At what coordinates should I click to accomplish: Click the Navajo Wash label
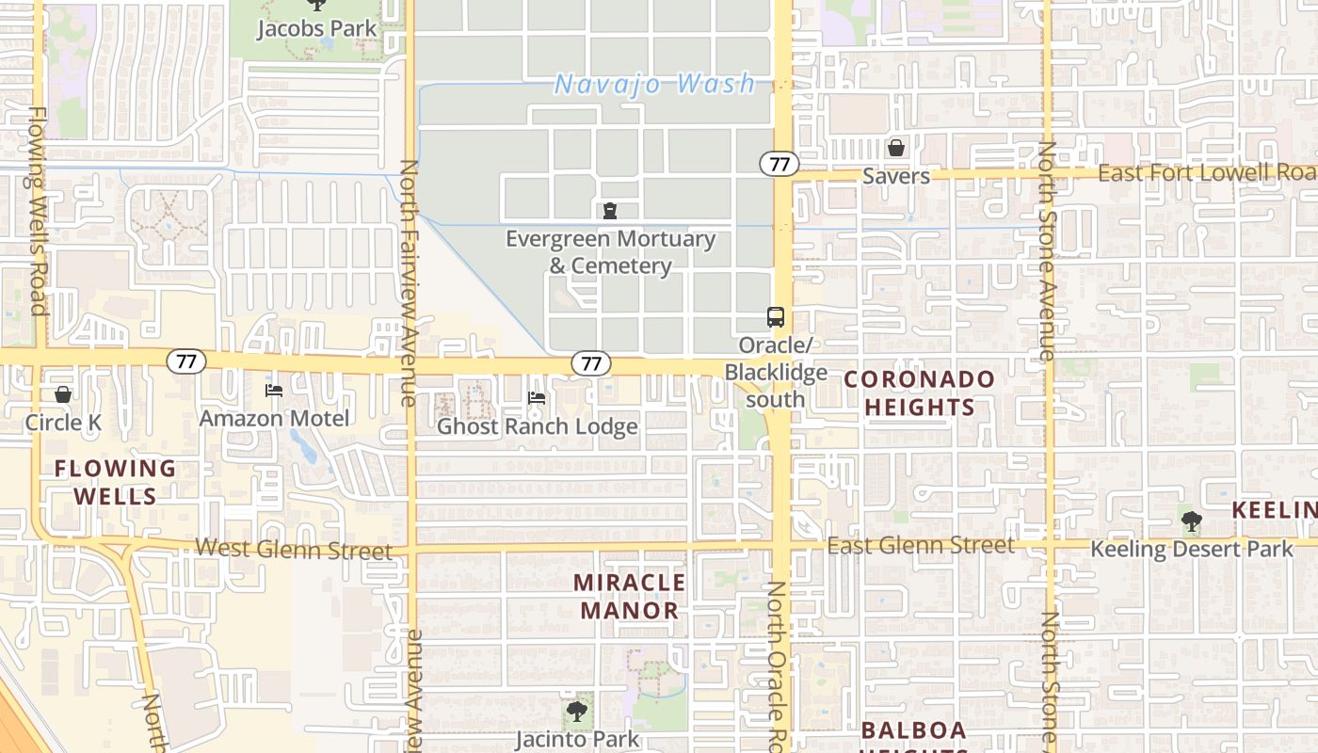(654, 85)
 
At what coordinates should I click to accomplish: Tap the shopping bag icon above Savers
(895, 149)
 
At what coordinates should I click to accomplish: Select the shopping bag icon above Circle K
(62, 394)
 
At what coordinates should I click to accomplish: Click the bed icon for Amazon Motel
(274, 391)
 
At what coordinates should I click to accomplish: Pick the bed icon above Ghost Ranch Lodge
(537, 398)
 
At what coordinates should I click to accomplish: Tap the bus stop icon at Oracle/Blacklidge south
(775, 317)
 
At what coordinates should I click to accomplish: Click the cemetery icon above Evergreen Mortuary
(610, 211)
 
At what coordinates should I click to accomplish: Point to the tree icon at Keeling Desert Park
(1191, 521)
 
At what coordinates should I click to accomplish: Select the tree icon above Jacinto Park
(576, 712)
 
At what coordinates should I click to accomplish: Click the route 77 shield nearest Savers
(779, 164)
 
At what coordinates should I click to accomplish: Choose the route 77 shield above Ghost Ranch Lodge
(591, 363)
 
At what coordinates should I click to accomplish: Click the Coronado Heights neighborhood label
(919, 393)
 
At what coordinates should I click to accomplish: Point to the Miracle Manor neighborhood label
(629, 596)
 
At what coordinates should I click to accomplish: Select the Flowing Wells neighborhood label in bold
(115, 482)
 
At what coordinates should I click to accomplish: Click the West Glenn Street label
(293, 550)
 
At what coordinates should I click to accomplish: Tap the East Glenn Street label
(920, 546)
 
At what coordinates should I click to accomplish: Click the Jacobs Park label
(316, 28)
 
